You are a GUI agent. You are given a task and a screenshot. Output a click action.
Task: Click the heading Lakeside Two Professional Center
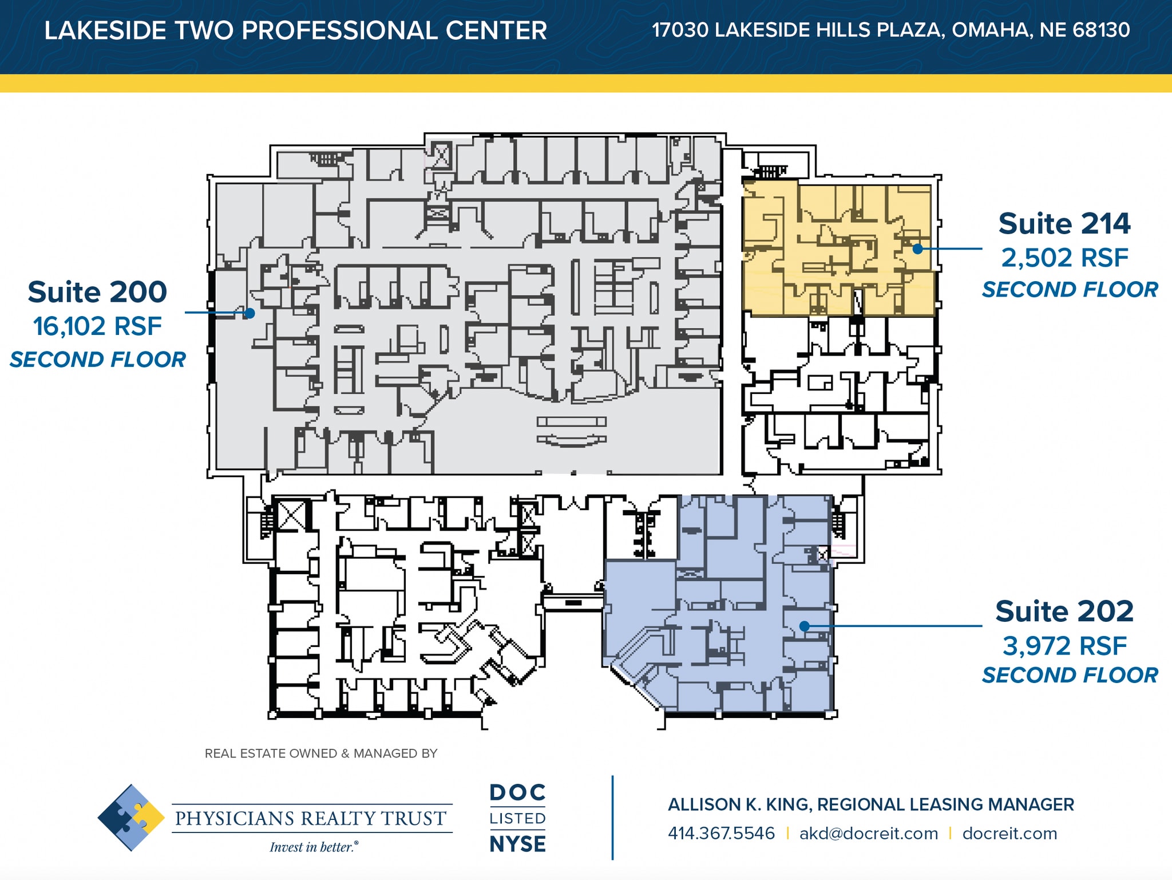pos(295,30)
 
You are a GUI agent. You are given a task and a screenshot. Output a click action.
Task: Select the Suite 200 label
pos(97,292)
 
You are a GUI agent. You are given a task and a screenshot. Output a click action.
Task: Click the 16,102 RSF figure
pos(97,326)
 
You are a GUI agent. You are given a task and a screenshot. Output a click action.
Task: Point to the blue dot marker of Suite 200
pos(250,313)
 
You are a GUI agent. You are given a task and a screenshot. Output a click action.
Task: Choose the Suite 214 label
pos(1064,223)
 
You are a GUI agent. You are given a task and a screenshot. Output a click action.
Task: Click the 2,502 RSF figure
pos(1064,258)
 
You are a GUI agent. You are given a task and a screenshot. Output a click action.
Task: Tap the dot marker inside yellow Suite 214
pos(917,248)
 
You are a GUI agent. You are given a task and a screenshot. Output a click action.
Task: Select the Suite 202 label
pos(1064,611)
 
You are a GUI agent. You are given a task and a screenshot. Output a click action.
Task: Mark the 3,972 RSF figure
pos(1064,646)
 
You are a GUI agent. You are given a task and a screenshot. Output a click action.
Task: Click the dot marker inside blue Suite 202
pos(804,626)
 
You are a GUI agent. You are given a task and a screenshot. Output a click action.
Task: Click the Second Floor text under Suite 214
pos(1070,290)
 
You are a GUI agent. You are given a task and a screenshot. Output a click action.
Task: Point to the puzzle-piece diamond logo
pos(131,818)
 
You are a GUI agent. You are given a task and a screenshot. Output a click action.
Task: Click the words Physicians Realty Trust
pos(311,818)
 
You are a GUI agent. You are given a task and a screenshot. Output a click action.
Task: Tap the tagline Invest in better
pos(314,847)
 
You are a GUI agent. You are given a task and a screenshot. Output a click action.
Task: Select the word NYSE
pos(517,844)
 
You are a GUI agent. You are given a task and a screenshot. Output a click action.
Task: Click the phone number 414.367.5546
pos(721,833)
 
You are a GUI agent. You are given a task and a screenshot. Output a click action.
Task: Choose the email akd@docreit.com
pos(868,833)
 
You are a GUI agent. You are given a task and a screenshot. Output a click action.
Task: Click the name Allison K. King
pos(738,804)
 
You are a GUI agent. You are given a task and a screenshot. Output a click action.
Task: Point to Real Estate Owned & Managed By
pos(320,753)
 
